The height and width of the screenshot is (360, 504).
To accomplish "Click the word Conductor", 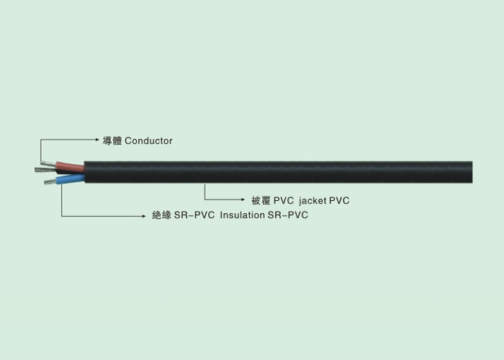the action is pos(148,141).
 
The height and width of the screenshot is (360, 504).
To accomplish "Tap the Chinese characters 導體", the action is pos(112,141).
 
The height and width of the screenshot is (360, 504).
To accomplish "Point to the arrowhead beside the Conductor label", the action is pos(97,140).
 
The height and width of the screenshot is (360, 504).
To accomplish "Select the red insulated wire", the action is pos(70,166).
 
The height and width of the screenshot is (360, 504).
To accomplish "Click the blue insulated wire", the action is pos(70,179).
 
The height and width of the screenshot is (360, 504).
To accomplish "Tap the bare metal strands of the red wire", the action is pos(48,163).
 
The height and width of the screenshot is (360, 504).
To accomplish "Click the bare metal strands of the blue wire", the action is pos(50,182).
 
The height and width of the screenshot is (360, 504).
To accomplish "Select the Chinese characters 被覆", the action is pos(261,201).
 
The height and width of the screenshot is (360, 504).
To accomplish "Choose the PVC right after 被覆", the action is pos(284,201).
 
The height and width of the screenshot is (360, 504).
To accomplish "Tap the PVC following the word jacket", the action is pos(339,201).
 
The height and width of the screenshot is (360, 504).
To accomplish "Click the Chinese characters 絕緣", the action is pos(162,215).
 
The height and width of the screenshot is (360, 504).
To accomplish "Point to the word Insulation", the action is pos(243,215).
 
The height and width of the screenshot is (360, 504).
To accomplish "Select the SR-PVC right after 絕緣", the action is pos(194,215).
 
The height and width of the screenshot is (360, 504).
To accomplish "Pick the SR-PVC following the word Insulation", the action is pos(288,215).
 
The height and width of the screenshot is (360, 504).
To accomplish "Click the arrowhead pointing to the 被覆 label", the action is pos(243,199).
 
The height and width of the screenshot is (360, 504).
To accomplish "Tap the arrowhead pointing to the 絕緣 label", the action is pos(144,216).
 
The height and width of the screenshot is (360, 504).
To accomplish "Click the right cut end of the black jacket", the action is pos(472,172).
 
